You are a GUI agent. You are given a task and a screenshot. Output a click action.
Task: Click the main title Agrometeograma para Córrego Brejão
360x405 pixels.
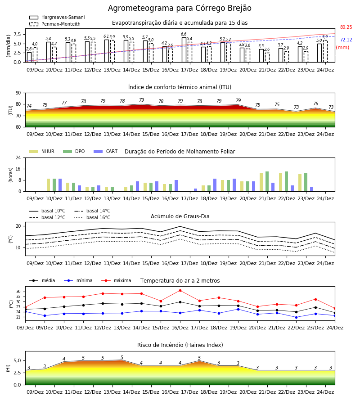tap(180, 8)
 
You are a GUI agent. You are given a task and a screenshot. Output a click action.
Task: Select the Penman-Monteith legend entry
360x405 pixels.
tap(55, 24)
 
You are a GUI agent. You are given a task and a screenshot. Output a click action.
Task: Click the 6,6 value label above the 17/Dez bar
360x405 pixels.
tap(184, 34)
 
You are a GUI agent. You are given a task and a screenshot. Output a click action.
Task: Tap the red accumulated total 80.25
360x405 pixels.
tap(346, 27)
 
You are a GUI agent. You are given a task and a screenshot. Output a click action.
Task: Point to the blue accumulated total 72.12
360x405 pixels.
tap(346, 40)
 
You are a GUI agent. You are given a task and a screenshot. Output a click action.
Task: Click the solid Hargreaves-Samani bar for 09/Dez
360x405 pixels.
tap(29, 57)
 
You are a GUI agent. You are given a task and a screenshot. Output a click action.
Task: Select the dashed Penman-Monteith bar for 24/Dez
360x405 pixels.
tap(325, 51)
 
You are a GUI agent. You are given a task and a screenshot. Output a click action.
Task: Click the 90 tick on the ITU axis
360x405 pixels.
tap(18, 93)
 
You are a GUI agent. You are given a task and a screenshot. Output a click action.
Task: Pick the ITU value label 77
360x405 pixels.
tap(64, 103)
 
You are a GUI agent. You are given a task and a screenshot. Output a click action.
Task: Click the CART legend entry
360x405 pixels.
tap(105, 151)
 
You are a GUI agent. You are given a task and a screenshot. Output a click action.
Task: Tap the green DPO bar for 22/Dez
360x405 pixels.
tap(286, 181)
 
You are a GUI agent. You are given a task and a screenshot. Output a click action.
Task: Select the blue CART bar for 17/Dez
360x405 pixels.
tap(195, 190)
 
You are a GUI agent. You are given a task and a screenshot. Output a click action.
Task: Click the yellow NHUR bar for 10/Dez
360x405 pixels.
tap(48, 185)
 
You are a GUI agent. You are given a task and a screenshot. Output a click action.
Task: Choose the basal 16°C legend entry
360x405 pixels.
tap(92, 217)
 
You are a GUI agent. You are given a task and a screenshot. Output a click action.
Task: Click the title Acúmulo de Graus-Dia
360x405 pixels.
tap(180, 216)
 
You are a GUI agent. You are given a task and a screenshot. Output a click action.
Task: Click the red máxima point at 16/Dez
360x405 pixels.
tap(180, 291)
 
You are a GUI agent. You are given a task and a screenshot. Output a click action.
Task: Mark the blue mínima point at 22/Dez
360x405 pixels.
tap(296, 317)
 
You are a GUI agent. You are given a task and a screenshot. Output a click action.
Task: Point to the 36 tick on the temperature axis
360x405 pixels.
tap(18, 292)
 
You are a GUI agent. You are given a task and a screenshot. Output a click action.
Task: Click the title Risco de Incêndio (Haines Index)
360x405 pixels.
tap(180, 345)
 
